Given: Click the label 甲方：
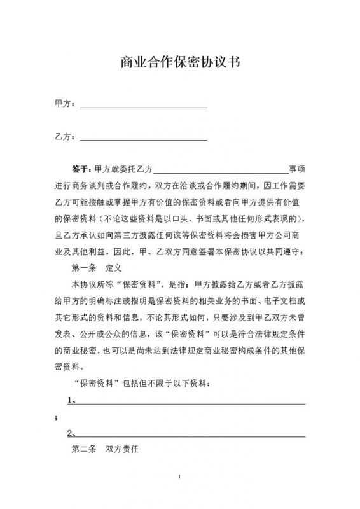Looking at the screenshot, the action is (65, 103).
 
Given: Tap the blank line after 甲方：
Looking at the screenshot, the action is (143, 106).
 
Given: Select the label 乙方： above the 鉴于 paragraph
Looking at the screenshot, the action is (65, 136).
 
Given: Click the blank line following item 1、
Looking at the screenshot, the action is (191, 403).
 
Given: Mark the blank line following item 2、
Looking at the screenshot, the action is (191, 436).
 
